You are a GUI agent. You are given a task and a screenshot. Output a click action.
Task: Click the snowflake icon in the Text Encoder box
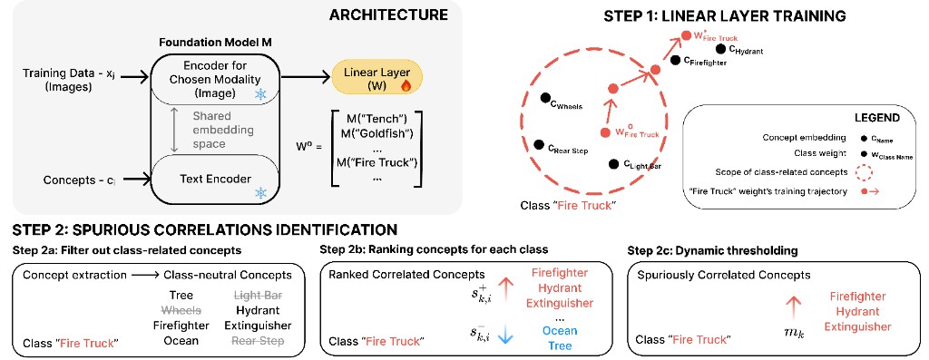pos(260,193)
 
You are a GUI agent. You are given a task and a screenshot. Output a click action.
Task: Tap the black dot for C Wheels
pos(544,98)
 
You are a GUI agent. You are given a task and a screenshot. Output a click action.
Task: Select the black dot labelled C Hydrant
pos(719,49)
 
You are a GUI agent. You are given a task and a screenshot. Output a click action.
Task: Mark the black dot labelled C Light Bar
pos(614,164)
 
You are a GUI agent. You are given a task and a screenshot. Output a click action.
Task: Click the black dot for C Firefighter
pos(676,60)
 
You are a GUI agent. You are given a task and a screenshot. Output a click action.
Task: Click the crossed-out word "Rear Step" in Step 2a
pos(259,340)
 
